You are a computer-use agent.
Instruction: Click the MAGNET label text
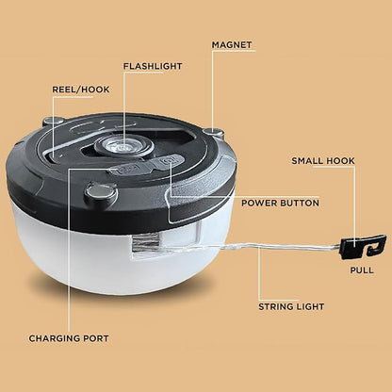point(232,45)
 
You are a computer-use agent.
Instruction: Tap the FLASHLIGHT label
point(153,66)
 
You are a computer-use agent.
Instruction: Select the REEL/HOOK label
point(81,90)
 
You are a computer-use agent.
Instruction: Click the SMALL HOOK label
point(323,161)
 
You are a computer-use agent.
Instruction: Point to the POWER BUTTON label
point(280,203)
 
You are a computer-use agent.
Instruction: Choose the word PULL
point(362,270)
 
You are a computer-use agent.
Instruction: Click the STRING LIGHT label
point(291,306)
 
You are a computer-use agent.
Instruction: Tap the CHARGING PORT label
point(69,338)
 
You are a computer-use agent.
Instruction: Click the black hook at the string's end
point(363,247)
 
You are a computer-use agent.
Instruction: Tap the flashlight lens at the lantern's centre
point(123,146)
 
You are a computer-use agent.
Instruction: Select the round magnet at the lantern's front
point(101,191)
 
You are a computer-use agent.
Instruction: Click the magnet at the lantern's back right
point(214,132)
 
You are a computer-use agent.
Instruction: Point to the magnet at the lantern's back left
point(54,121)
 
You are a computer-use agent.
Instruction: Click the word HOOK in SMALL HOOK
point(339,161)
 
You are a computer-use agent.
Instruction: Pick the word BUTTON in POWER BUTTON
point(300,203)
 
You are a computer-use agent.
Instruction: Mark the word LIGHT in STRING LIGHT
point(309,306)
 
